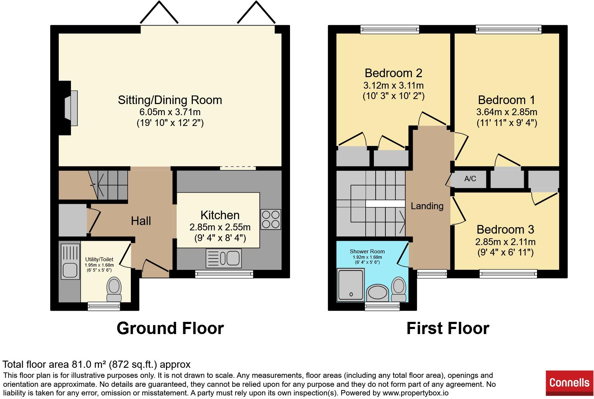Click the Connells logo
pyautogui.click(x=569, y=383)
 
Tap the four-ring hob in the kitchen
pyautogui.click(x=271, y=219)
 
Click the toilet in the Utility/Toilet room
pyautogui.click(x=114, y=290)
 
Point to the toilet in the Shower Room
pyautogui.click(x=398, y=290)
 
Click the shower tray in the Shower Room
pyautogui.click(x=351, y=285)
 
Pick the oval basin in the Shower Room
pyautogui.click(x=378, y=293)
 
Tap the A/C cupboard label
pyautogui.click(x=470, y=179)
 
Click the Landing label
pyautogui.click(x=427, y=206)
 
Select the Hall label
pyautogui.click(x=141, y=221)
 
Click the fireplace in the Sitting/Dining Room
pyautogui.click(x=70, y=108)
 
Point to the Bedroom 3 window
pyautogui.click(x=508, y=274)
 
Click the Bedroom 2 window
pyautogui.click(x=390, y=29)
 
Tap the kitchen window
pyautogui.click(x=224, y=274)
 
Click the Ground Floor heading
pyautogui.click(x=170, y=328)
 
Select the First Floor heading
pyautogui.click(x=448, y=328)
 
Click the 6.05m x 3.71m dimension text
pyautogui.click(x=170, y=112)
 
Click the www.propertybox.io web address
pyautogui.click(x=415, y=393)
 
